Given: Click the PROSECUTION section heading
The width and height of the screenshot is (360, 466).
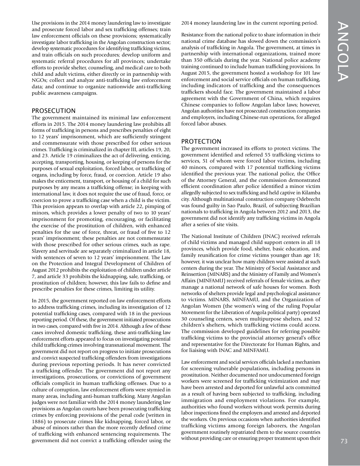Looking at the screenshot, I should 53,111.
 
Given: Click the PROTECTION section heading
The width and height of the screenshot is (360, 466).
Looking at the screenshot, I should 201,141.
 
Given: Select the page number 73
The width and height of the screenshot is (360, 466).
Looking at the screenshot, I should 344,441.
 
